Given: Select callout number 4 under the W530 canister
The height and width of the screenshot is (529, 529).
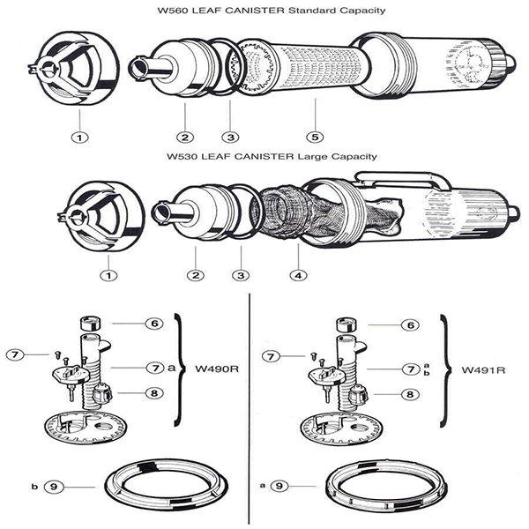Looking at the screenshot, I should [x=297, y=275].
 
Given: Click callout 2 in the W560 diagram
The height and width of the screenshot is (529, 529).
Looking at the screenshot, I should [x=185, y=137].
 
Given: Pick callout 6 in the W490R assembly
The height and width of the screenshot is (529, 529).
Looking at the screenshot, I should [x=153, y=324].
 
